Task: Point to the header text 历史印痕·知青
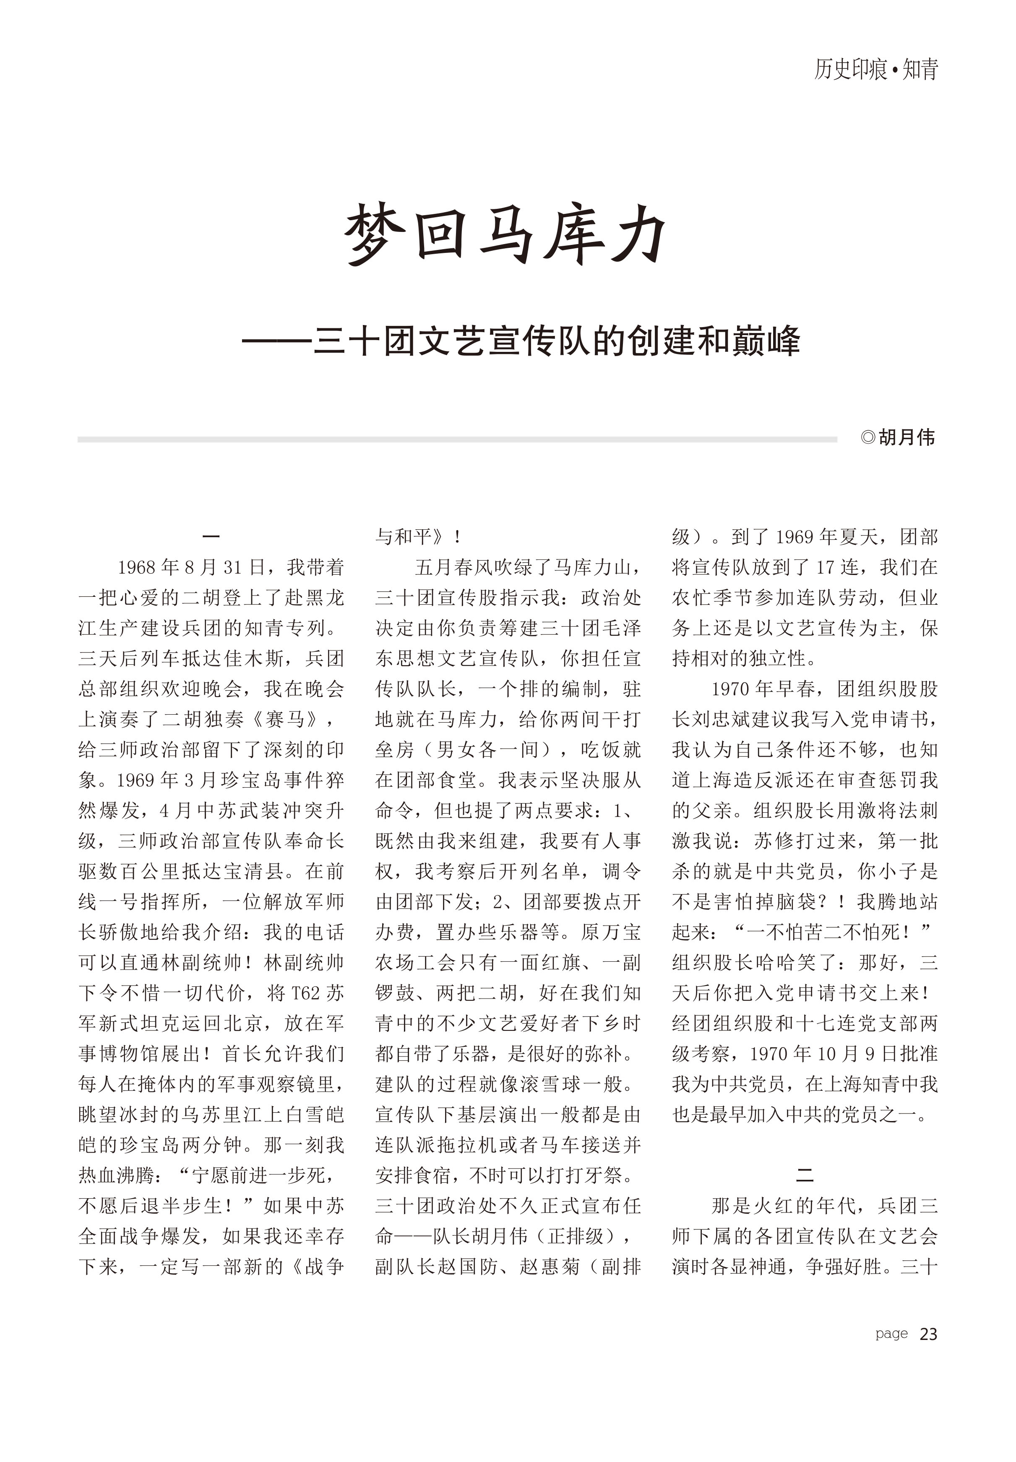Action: click(x=876, y=69)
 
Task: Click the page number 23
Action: click(x=928, y=1334)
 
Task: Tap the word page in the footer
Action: click(x=891, y=1334)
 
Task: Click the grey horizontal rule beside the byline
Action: click(x=457, y=439)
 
